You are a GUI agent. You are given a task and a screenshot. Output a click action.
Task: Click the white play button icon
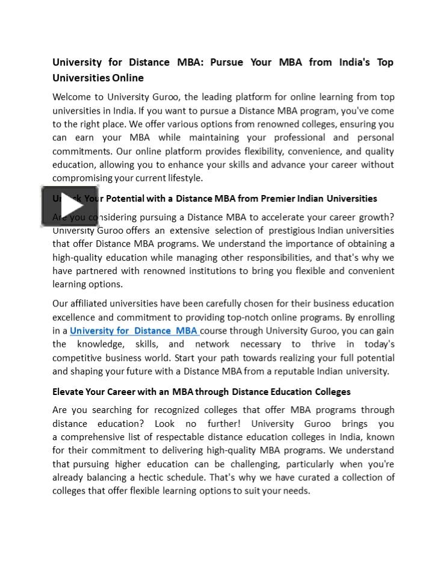[70, 207]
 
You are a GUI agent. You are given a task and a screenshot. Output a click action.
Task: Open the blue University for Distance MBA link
[134, 331]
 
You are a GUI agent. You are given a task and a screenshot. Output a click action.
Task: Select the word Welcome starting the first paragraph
[70, 97]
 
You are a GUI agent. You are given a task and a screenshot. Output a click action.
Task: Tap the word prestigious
[291, 231]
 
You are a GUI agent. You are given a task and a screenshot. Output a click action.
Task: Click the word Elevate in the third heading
[69, 392]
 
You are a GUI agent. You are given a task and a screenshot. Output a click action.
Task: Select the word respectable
[214, 437]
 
